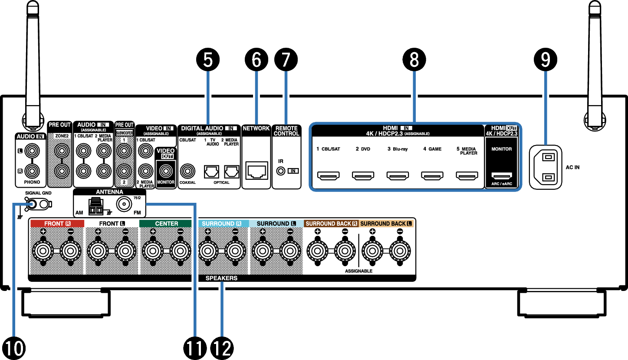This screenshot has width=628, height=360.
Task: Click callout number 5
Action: [208, 60]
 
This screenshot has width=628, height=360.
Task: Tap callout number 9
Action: [546, 60]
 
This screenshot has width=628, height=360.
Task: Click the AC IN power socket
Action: [546, 167]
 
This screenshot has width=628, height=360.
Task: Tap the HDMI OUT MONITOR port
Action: [501, 176]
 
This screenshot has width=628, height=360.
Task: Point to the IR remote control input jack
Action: [282, 171]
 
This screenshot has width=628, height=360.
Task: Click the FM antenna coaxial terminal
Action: [125, 204]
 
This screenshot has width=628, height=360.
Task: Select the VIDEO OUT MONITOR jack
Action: [165, 170]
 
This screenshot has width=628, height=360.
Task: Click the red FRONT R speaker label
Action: [56, 224]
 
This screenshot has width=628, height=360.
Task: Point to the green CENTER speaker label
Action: [166, 224]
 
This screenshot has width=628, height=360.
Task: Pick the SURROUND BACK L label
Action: [386, 224]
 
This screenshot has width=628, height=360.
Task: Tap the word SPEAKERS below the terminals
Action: [221, 278]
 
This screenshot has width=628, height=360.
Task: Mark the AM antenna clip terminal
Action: [94, 207]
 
